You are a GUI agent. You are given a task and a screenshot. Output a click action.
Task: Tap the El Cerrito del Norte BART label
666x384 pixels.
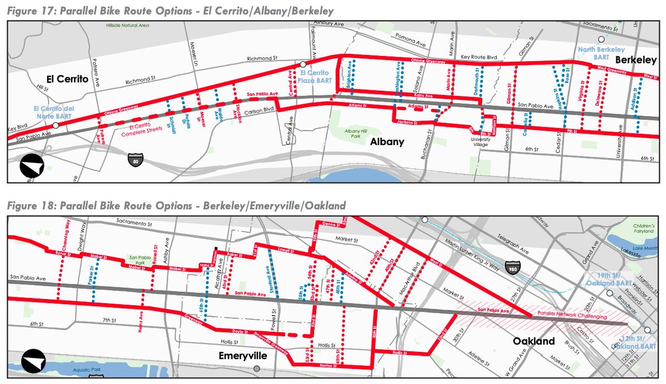(x=53, y=111)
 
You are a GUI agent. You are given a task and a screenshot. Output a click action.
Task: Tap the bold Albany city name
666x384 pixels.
(x=387, y=142)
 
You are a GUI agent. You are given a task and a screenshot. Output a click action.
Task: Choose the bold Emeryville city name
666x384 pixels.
(x=243, y=355)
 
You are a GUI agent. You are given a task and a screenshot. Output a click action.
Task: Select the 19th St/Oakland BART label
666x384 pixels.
(x=613, y=278)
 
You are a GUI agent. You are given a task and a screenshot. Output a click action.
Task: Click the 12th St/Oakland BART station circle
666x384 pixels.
(x=648, y=330)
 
